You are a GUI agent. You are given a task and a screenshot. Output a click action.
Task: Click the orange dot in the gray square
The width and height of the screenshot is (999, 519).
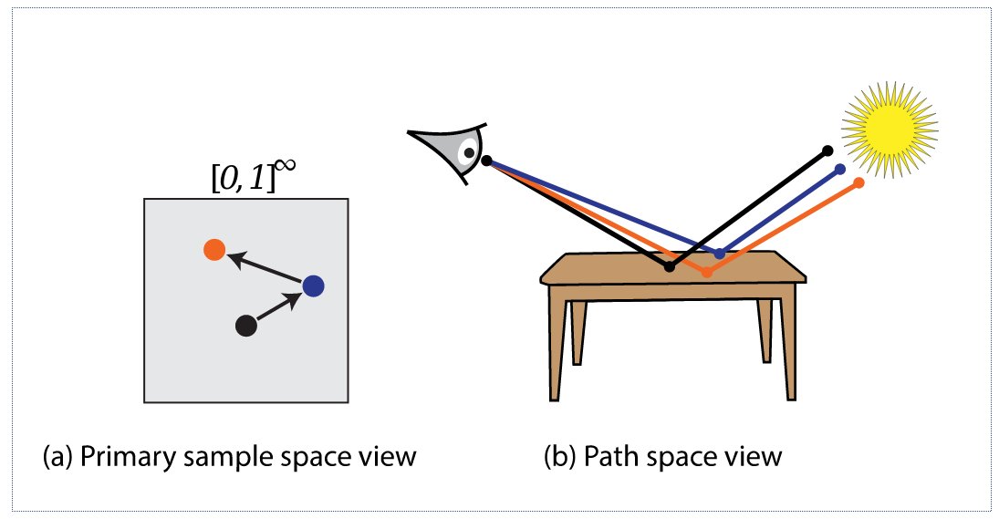point(214,250)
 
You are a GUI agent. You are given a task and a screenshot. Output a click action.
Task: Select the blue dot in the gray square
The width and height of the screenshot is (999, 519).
point(313,285)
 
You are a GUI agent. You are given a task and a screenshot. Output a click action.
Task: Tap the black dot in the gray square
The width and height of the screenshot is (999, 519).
point(246,326)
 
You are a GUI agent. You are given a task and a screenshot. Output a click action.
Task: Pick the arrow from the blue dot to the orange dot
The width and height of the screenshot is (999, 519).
point(265,267)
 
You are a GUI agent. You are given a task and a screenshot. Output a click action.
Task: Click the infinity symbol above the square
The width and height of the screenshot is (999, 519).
point(287,166)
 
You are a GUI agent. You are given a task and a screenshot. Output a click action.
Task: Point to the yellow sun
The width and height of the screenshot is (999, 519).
point(890,130)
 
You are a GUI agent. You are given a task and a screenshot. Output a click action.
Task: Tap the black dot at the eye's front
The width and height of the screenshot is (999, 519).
point(487,161)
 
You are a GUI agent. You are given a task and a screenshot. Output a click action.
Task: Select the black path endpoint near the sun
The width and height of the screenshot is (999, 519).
point(827,151)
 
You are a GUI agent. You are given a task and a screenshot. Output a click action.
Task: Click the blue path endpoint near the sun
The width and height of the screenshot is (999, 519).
point(839,170)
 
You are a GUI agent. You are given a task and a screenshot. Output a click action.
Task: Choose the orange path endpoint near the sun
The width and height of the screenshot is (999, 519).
point(859,182)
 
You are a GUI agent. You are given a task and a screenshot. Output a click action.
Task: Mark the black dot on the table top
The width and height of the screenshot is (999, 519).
point(669,267)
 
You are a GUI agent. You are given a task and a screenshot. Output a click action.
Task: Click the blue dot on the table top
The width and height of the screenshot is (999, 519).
point(719,254)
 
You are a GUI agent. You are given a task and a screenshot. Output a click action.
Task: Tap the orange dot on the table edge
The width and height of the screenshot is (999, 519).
point(706,273)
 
